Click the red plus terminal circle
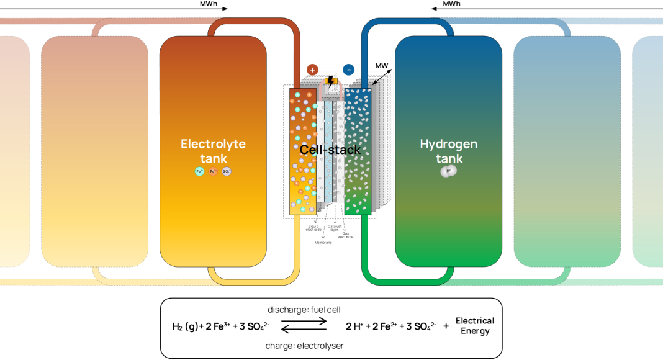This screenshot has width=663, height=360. tap(312, 70)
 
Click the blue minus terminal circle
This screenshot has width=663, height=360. tap(349, 70)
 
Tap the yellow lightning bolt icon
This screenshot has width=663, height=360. tap(331, 81)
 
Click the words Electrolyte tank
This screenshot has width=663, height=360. tap(213, 151)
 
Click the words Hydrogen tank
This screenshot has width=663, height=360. tap(449, 151)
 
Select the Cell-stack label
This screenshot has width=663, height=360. tap(330, 150)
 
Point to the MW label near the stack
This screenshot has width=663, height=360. tap(381, 66)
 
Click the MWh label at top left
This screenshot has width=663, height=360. tap(208, 4)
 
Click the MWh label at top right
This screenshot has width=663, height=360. tap(451, 4)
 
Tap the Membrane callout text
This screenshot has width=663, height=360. tap(324, 242)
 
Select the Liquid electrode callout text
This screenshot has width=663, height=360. tap(313, 228)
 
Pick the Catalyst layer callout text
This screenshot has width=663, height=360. tap(335, 228)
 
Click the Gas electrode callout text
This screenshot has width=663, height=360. tap(346, 235)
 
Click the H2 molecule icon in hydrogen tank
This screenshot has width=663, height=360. tap(448, 172)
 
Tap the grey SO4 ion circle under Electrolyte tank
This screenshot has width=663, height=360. tap(227, 171)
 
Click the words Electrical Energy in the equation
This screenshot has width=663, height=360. tap(475, 326)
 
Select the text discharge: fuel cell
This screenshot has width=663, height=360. tap(304, 309)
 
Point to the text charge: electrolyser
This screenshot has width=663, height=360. tap(304, 345)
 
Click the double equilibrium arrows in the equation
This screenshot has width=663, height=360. tap(304, 326)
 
